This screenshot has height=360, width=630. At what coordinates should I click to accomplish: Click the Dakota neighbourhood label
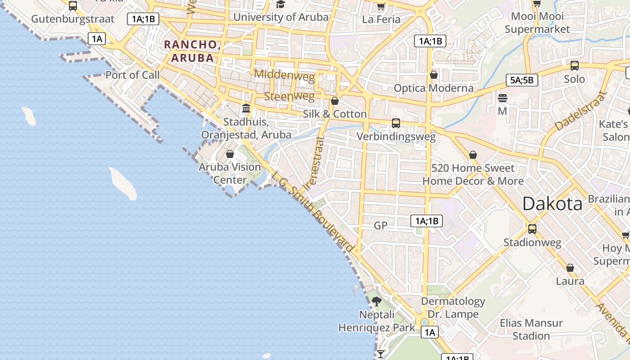click(x=552, y=204)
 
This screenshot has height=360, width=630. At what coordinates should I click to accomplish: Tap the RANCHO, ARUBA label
click(x=192, y=51)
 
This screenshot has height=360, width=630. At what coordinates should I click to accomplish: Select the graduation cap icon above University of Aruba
click(x=280, y=4)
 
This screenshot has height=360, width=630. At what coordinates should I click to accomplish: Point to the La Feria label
click(x=381, y=19)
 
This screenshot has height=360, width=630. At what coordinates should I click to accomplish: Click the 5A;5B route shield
click(x=522, y=80)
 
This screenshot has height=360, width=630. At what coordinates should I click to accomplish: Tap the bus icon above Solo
click(x=575, y=66)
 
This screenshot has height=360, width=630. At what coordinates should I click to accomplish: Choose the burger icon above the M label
click(x=503, y=98)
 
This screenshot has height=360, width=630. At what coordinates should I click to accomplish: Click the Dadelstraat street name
click(x=580, y=111)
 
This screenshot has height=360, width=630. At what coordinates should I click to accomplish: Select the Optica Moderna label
click(x=433, y=88)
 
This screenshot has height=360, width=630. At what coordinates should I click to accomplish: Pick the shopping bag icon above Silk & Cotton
click(x=334, y=101)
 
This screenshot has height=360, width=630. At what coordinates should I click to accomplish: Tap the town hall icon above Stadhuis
click(x=246, y=108)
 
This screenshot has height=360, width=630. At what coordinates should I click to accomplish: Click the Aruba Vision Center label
click(x=230, y=173)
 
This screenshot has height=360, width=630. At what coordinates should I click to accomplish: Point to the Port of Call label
click(x=132, y=75)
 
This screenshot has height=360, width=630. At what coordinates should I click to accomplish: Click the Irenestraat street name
click(x=314, y=163)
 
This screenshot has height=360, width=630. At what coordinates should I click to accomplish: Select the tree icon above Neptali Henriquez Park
click(x=377, y=301)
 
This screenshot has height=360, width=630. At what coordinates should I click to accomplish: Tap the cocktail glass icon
click(x=381, y=354)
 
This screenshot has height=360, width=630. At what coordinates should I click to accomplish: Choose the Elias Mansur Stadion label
click(x=531, y=329)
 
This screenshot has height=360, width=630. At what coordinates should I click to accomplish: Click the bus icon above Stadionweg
click(x=532, y=229)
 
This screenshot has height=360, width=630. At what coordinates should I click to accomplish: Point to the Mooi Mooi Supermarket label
click(x=537, y=23)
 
